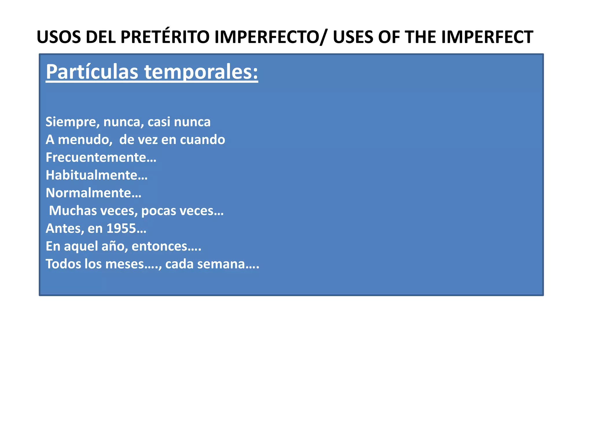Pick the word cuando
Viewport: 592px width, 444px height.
pyautogui.click(x=202, y=140)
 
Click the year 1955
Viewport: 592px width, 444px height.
pyautogui.click(x=121, y=229)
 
